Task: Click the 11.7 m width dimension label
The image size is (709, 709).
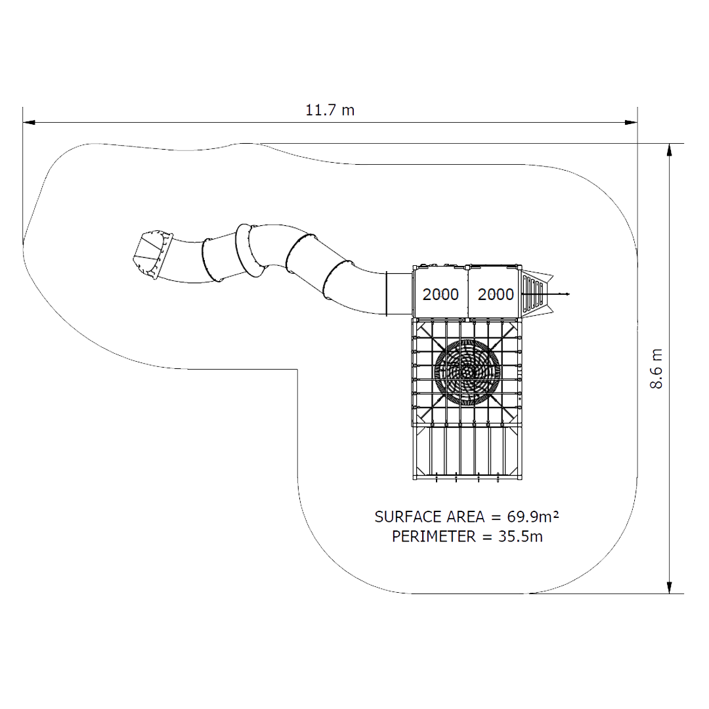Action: tap(330, 110)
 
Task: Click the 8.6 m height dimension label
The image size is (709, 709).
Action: tap(656, 368)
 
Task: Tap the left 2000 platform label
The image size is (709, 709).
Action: tap(440, 294)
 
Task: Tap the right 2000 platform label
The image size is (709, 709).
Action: tap(496, 294)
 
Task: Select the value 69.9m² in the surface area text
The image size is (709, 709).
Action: tap(532, 517)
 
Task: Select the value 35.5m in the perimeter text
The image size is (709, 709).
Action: tap(521, 536)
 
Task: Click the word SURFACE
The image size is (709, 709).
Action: tap(408, 517)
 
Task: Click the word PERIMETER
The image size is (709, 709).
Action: tap(434, 536)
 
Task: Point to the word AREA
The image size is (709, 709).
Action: tap(465, 517)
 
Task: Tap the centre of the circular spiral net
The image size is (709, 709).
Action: tap(467, 372)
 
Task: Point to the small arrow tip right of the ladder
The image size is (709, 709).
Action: tap(569, 294)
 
